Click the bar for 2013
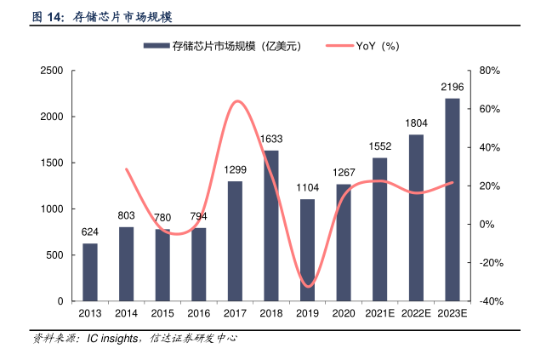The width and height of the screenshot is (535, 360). click(89, 272)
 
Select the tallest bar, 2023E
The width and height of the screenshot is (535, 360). click(452, 200)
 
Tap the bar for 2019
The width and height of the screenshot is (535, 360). click(307, 250)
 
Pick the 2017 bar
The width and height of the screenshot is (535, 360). click(235, 241)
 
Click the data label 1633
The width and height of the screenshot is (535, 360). click(271, 139)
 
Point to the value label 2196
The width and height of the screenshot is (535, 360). click(452, 87)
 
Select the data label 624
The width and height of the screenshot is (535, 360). click(89, 231)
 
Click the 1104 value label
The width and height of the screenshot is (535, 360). click(307, 187)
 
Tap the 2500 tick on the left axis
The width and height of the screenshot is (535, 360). click(51, 71)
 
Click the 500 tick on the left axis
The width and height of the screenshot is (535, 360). click(54, 255)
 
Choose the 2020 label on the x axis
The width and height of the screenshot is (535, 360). click(344, 314)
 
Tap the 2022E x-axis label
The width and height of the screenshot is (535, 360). click(416, 314)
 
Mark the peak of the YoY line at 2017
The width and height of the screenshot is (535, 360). click(237, 101)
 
